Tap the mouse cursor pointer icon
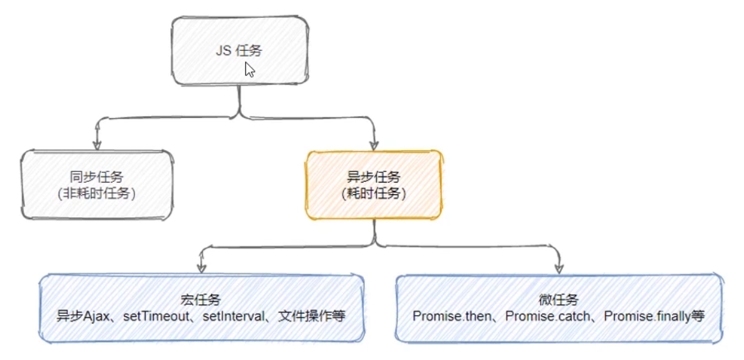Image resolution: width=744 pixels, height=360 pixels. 250,69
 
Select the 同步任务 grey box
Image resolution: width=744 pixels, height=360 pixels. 97,185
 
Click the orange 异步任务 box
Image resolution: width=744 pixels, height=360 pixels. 374,185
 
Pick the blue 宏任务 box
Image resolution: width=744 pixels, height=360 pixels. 201,308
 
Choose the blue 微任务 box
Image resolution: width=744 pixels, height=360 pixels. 559,308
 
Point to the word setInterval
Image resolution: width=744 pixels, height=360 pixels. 233,316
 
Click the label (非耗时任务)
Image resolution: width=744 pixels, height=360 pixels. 97,193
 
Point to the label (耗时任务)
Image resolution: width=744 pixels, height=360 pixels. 374,193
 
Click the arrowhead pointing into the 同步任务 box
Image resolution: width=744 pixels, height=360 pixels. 97,144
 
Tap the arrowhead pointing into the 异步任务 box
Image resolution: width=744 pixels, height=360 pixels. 374,144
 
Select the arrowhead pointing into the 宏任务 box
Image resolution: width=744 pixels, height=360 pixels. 201,268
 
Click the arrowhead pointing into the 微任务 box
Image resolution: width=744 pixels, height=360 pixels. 559,268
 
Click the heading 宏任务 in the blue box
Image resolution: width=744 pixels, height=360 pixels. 201,300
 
